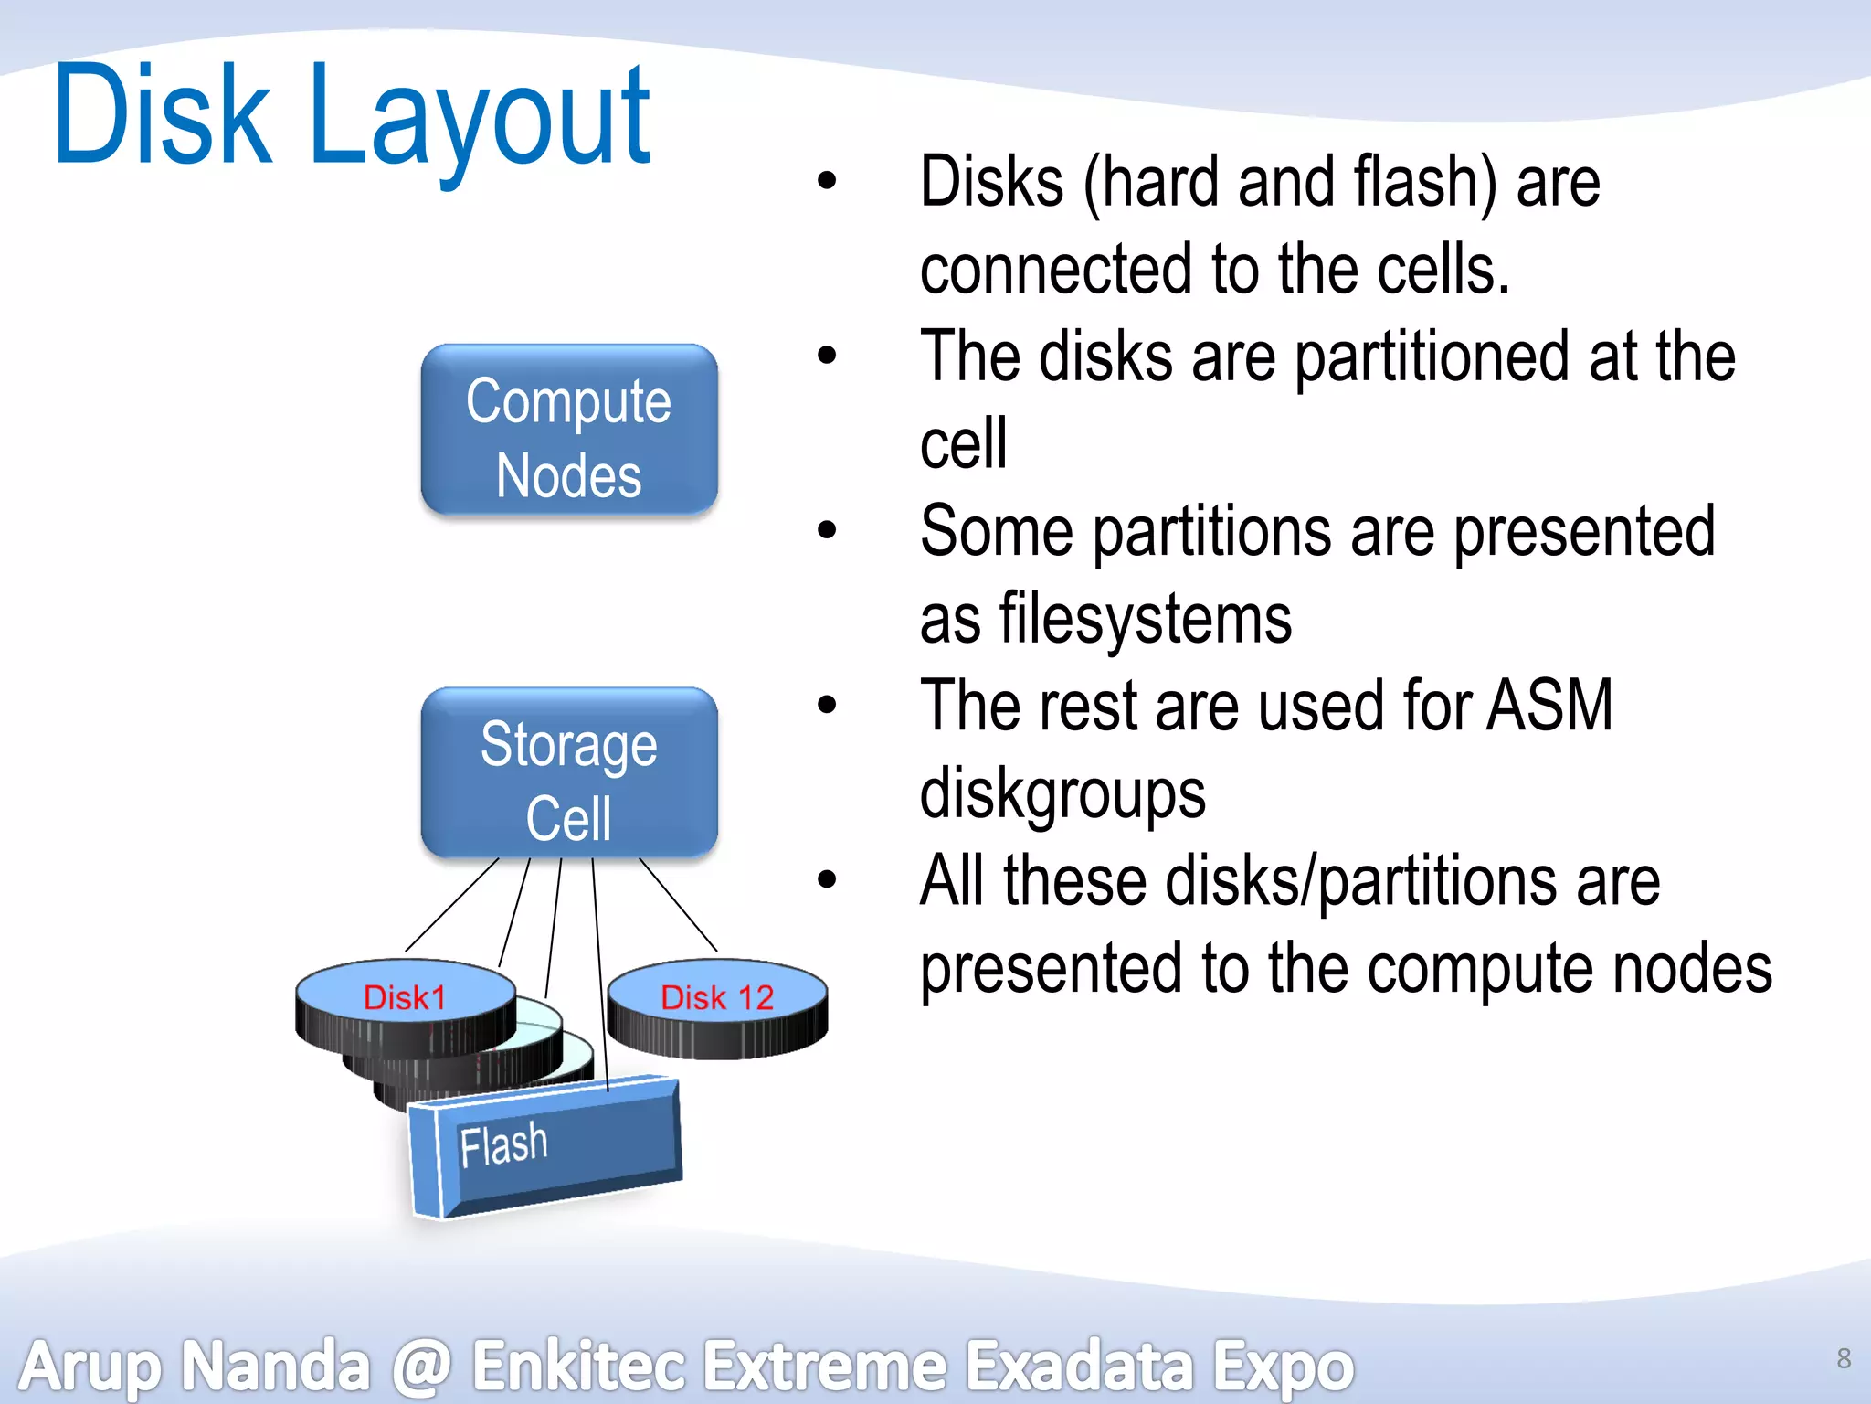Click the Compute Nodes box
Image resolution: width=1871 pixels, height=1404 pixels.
click(568, 430)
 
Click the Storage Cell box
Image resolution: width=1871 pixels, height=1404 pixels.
click(568, 773)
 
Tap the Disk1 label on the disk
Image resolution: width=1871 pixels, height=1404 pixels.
click(405, 997)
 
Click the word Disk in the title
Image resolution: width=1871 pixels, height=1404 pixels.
click(163, 115)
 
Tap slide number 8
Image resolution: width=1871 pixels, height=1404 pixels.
click(1844, 1358)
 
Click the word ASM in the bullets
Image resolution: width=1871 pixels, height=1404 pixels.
click(1549, 706)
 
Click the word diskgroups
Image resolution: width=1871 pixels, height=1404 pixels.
click(1062, 793)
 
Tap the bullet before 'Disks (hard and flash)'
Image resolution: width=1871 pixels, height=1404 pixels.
click(827, 181)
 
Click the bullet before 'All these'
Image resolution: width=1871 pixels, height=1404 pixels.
click(827, 879)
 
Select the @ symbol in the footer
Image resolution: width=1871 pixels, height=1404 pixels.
click(421, 1366)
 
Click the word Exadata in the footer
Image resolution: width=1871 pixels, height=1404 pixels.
click(1080, 1366)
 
